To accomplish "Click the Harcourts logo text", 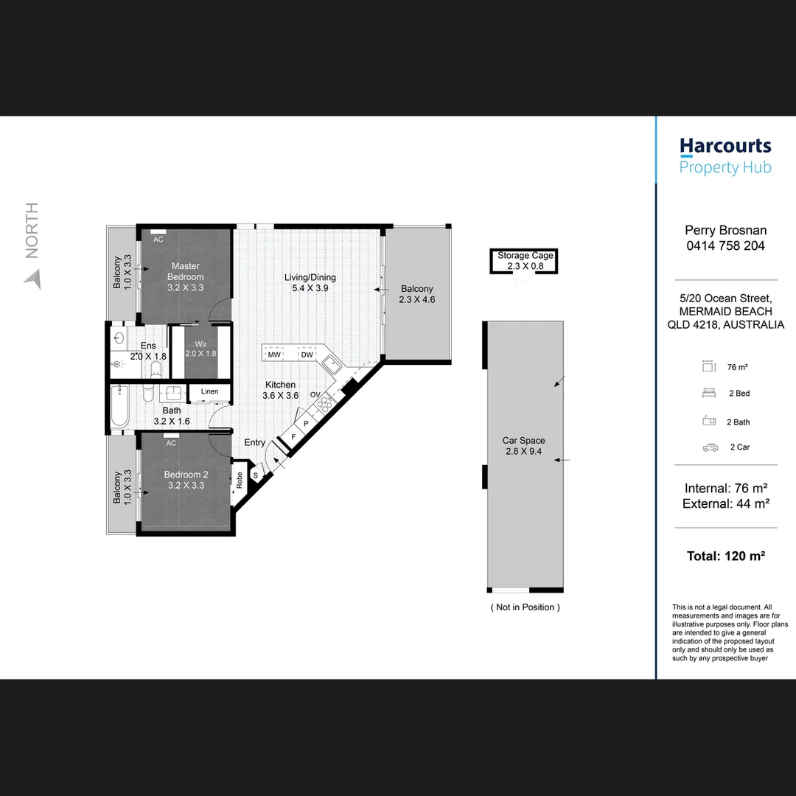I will click(x=725, y=146).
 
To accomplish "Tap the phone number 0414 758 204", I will click(x=725, y=246).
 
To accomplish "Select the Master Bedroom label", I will click(x=186, y=271).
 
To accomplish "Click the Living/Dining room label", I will click(x=310, y=278).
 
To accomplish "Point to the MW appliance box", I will click(x=274, y=355).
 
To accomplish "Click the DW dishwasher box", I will click(x=307, y=355).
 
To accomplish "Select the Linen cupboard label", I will click(x=209, y=391).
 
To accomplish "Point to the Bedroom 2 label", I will click(x=186, y=475).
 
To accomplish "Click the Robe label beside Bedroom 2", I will click(x=240, y=480).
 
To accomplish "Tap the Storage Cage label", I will click(x=525, y=256).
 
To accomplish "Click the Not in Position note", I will click(x=525, y=607).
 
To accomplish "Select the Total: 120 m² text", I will click(x=725, y=556).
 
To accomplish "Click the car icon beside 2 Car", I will click(x=710, y=447).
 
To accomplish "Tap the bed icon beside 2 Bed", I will click(x=710, y=394).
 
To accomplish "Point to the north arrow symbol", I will click(x=32, y=279).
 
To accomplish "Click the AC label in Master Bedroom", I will click(x=158, y=239).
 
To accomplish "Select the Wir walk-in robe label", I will click(x=200, y=344).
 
